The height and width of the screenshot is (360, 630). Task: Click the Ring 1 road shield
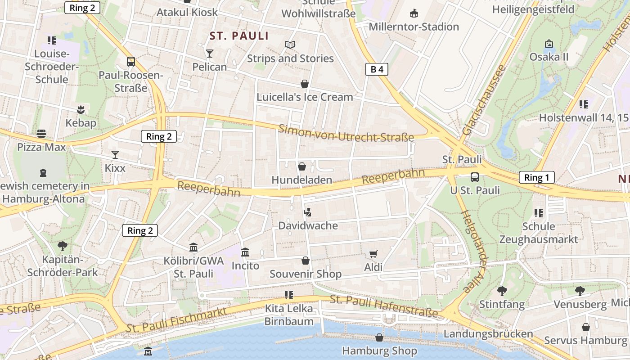coord(536,177)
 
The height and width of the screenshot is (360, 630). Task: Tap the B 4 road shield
coord(376,69)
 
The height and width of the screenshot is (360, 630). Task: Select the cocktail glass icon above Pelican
coord(209,54)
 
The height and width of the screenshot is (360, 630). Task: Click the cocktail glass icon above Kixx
coord(115,155)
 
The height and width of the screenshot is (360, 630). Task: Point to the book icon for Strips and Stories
coord(290,45)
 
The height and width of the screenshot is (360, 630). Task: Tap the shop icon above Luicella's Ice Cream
coord(305,84)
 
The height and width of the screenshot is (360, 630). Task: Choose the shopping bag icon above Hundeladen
coord(301,167)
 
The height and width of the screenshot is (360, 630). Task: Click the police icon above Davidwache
coord(308,212)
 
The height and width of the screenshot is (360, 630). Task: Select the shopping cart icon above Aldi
coord(373,254)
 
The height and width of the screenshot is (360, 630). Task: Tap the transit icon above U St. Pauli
coord(475,177)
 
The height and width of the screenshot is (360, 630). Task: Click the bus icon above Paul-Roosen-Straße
coord(131,62)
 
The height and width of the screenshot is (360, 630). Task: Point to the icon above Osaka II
coord(549,44)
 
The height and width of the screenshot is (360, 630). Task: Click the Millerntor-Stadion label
coord(414,27)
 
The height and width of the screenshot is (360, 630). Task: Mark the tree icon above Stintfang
coord(502,291)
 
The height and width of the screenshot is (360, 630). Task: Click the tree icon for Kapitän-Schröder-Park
coord(62,246)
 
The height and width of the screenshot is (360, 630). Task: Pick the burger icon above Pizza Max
coord(41,134)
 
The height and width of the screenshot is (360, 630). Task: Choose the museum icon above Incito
coord(245,252)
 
